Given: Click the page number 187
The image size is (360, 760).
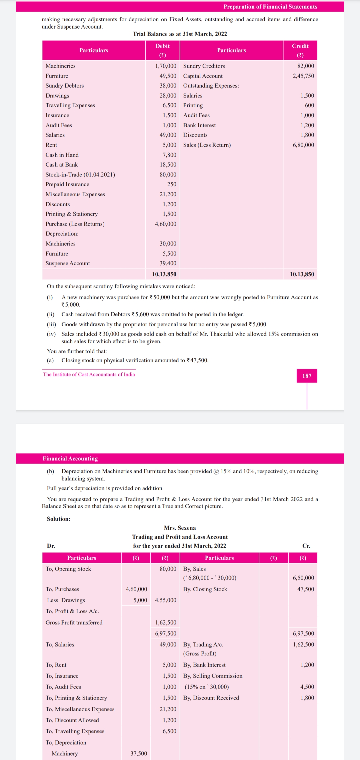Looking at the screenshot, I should click(x=307, y=376).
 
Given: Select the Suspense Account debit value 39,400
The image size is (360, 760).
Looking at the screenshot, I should click(x=168, y=263).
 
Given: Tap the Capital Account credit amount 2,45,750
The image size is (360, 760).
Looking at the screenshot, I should click(x=303, y=76).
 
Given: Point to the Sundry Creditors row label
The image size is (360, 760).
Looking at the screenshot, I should click(x=204, y=66).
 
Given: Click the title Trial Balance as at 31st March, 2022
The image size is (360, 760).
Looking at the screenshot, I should click(x=180, y=34).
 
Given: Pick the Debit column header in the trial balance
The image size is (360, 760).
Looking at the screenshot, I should click(x=163, y=46).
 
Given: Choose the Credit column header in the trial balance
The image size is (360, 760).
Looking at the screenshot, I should click(x=300, y=46).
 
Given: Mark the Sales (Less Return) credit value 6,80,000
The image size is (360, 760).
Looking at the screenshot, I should click(x=303, y=145).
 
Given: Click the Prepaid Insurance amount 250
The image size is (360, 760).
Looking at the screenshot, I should click(x=172, y=184).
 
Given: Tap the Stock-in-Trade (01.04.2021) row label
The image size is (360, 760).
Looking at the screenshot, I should click(x=80, y=175).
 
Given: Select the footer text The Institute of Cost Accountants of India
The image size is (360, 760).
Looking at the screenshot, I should click(x=89, y=375).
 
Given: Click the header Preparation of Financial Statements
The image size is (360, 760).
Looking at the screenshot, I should click(x=270, y=7).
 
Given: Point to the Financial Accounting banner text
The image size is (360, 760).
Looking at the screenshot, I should click(x=70, y=459).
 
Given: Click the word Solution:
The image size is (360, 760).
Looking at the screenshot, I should click(x=59, y=519).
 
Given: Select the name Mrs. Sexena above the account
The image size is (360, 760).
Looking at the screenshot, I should click(x=180, y=528).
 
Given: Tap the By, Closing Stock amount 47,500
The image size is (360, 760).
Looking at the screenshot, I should click(x=306, y=589).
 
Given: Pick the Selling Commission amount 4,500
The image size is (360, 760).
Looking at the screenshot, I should click(x=307, y=687).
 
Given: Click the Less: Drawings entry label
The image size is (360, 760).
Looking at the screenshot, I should click(x=66, y=600).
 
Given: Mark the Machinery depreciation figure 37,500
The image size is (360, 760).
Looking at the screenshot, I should click(x=139, y=753).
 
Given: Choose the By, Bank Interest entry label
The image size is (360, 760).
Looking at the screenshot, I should click(x=204, y=665).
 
